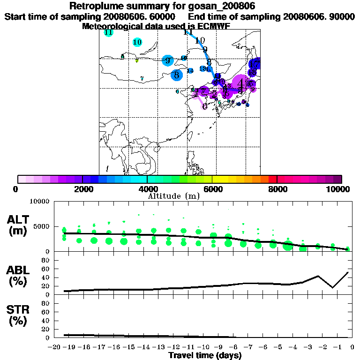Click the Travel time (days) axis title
click(205, 355)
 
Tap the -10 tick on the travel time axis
click(204, 346)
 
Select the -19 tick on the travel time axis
click(69, 346)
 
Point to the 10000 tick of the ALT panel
click(39, 202)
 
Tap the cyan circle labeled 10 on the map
click(137, 42)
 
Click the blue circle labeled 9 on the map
click(167, 60)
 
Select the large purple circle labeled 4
click(241, 83)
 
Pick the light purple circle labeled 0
click(205, 106)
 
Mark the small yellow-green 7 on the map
click(136, 61)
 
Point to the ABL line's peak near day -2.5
click(318, 276)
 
